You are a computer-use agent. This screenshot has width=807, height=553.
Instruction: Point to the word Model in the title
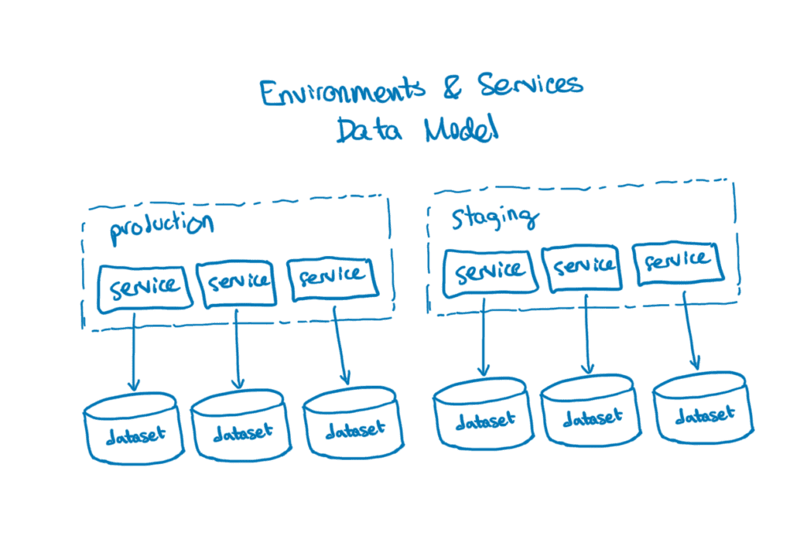(462, 131)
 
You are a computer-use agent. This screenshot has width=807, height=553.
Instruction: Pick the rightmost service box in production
(331, 277)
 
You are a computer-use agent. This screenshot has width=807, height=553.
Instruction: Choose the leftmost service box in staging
(490, 271)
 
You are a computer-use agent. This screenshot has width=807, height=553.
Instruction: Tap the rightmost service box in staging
(679, 261)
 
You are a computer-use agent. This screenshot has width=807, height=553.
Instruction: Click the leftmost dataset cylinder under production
(134, 432)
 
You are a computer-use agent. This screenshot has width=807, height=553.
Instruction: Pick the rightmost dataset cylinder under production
(353, 425)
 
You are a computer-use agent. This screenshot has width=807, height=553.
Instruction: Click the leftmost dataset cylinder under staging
(483, 414)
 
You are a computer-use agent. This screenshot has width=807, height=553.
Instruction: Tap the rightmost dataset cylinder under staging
(703, 408)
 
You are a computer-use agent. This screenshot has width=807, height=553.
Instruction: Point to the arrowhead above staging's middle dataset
(586, 369)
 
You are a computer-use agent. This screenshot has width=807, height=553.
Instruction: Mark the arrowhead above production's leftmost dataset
(133, 386)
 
